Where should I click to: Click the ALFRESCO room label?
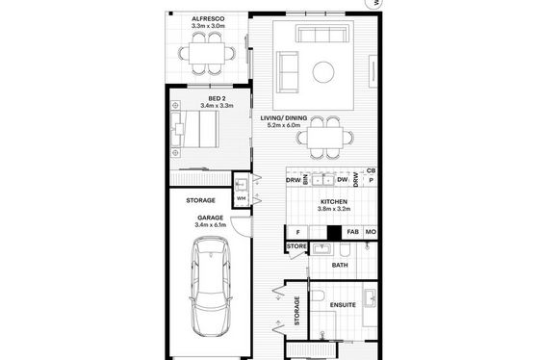pyautogui.click(x=208, y=18)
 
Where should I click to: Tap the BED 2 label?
pyautogui.click(x=217, y=99)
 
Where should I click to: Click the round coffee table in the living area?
pyautogui.click(x=323, y=72)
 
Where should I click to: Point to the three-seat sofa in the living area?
pyautogui.click(x=321, y=34)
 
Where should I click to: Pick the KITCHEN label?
pyautogui.click(x=334, y=202)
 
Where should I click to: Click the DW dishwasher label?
pyautogui.click(x=342, y=179)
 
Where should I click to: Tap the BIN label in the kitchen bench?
pyautogui.click(x=305, y=180)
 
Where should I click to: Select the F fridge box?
pyautogui.click(x=297, y=232)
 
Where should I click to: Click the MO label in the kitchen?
pyautogui.click(x=371, y=232)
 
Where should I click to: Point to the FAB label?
pyautogui.click(x=352, y=232)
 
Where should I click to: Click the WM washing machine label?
pyautogui.click(x=242, y=198)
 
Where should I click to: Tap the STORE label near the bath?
pyautogui.click(x=296, y=246)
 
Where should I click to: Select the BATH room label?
pyautogui.click(x=340, y=265)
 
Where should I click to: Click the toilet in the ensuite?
pyautogui.click(x=319, y=296)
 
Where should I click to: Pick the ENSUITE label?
pyautogui.click(x=343, y=305)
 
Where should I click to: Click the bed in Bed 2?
pyautogui.click(x=194, y=129)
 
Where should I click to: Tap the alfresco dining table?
pyautogui.click(x=207, y=53)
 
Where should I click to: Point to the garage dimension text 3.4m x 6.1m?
pyautogui.click(x=211, y=225)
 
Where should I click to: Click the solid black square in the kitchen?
pyautogui.click(x=334, y=232)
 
